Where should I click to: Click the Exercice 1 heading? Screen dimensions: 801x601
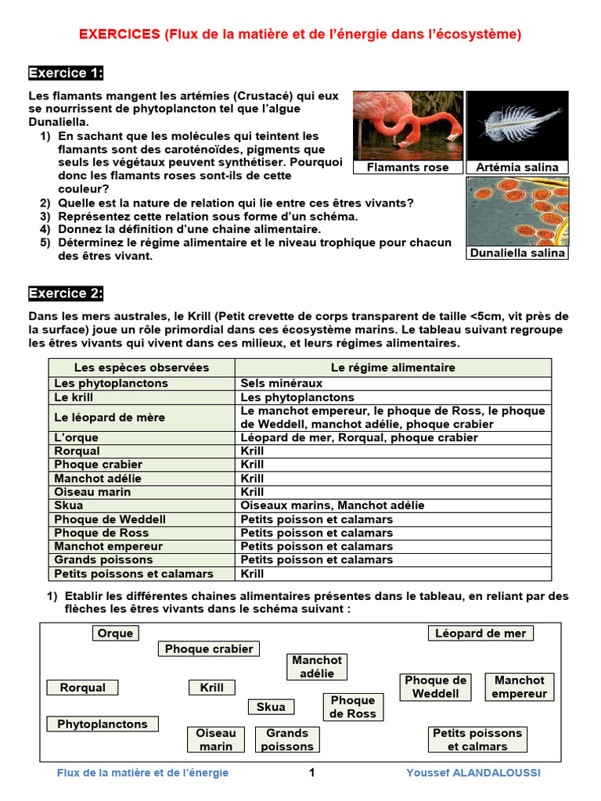click(x=66, y=74)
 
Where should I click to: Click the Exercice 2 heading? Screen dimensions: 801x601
click(x=66, y=293)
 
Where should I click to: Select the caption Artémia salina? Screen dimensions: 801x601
click(x=517, y=167)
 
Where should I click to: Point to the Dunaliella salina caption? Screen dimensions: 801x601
click(x=517, y=253)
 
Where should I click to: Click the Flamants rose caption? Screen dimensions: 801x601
click(x=408, y=167)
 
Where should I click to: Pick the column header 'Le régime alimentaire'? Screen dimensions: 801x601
click(x=393, y=368)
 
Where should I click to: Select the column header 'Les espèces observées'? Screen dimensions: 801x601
click(x=142, y=368)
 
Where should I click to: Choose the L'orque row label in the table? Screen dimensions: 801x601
click(x=74, y=437)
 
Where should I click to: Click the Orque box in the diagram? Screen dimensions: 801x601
click(x=115, y=634)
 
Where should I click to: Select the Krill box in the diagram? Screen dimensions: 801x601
click(x=211, y=688)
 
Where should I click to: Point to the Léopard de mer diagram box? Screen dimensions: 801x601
click(x=480, y=634)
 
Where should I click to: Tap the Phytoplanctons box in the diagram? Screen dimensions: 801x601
click(x=103, y=724)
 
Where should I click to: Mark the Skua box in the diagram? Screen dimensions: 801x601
click(x=271, y=707)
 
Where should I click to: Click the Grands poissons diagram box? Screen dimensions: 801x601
click(x=287, y=739)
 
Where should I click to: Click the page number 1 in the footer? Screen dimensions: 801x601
click(x=311, y=773)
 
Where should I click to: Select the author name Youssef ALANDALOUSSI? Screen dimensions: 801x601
click(x=473, y=773)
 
